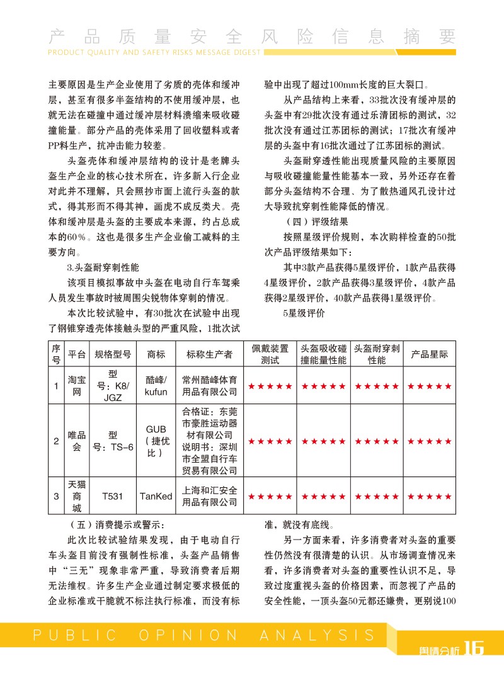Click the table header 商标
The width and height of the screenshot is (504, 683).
coord(156,354)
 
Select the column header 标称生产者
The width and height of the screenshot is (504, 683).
coord(209,354)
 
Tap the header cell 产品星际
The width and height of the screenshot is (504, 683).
coord(430,354)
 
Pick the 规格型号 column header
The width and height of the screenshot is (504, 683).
coord(112,354)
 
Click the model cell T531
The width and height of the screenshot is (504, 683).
coord(112,497)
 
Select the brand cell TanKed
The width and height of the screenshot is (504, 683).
coord(156,497)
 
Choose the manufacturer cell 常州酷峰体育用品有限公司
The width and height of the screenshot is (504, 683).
coord(209,386)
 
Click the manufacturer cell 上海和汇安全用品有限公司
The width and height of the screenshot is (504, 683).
coord(209,497)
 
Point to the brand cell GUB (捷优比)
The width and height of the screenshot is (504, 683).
coord(156,441)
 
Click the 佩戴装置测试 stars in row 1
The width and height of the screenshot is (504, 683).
coord(270,386)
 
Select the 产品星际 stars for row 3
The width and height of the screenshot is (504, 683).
coord(430,497)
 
